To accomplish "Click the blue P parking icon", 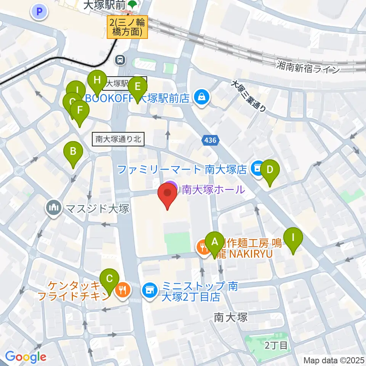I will tap(39, 12).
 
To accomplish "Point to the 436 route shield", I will tap(210, 141).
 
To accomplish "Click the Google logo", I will tap(26, 357).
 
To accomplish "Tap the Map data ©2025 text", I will tap(334, 360).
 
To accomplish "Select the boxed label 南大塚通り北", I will tap(119, 140).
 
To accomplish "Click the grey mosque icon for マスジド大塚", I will tap(54, 208).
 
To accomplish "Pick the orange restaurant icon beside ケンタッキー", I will tap(123, 291).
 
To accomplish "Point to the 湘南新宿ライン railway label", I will tap(308, 69).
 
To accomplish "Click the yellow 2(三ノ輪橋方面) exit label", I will tap(128, 28).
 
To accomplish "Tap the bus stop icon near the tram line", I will tap(120, 59).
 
